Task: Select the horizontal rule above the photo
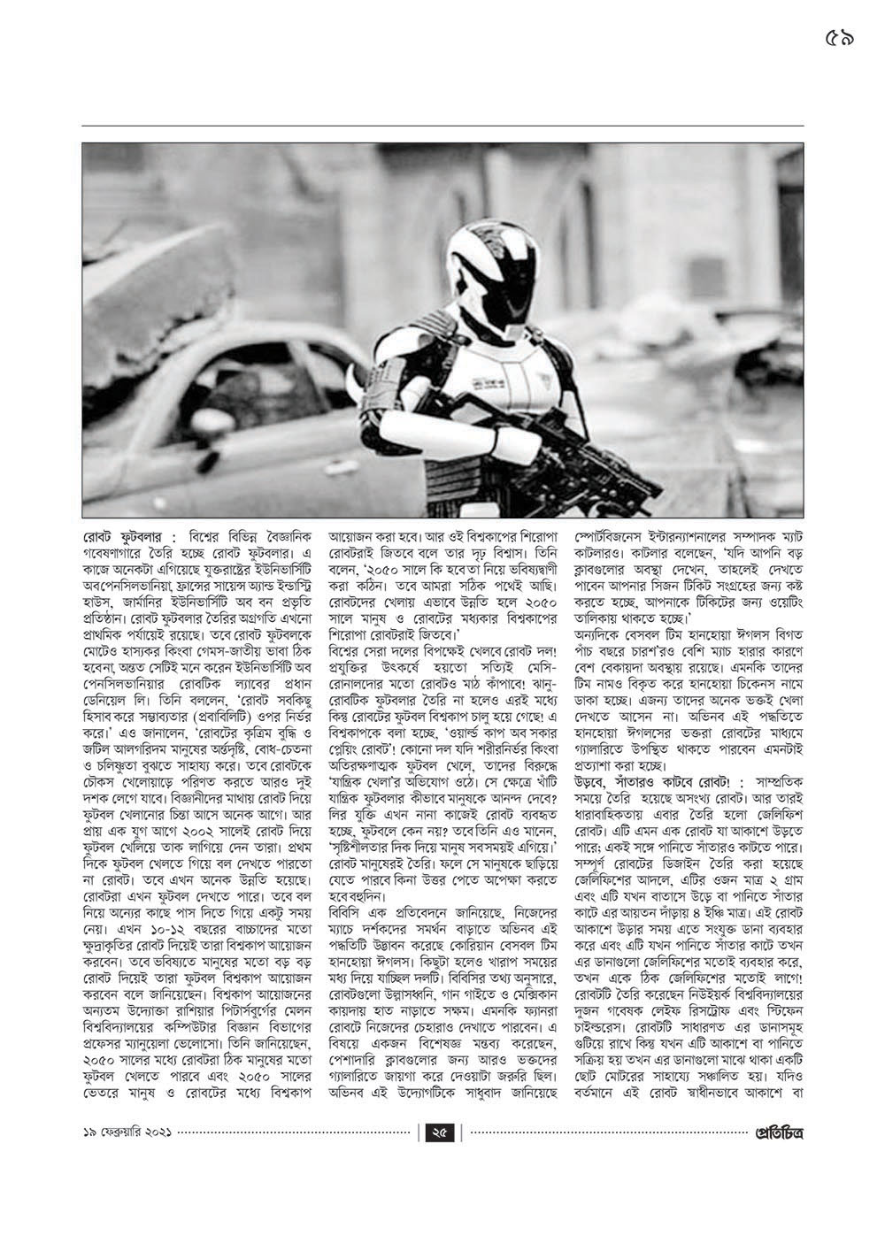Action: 442,126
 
